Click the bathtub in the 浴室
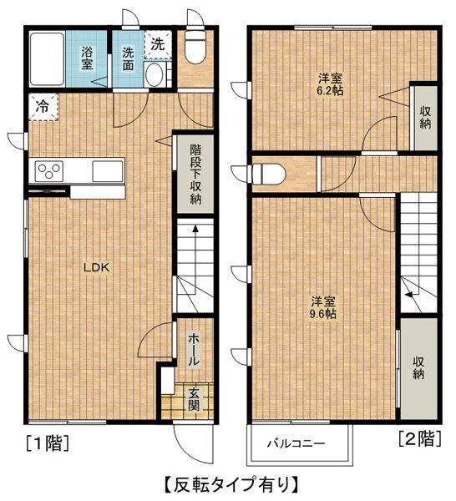tap(48, 58)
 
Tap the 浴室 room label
tap(87, 58)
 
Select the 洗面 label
tap(128, 58)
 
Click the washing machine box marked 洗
tap(158, 44)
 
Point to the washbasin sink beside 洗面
tap(155, 74)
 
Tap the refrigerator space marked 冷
tap(43, 107)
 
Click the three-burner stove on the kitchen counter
tap(49, 171)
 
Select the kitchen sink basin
tap(108, 171)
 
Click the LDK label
tap(97, 267)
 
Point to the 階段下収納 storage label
tap(195, 174)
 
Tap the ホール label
tap(194, 350)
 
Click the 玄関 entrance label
tap(194, 399)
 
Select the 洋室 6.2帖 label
tap(330, 84)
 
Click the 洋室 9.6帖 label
tap(323, 307)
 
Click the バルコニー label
tap(296, 443)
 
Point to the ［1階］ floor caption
tap(48, 443)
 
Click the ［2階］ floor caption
tap(420, 438)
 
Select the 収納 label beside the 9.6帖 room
tap(418, 367)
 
